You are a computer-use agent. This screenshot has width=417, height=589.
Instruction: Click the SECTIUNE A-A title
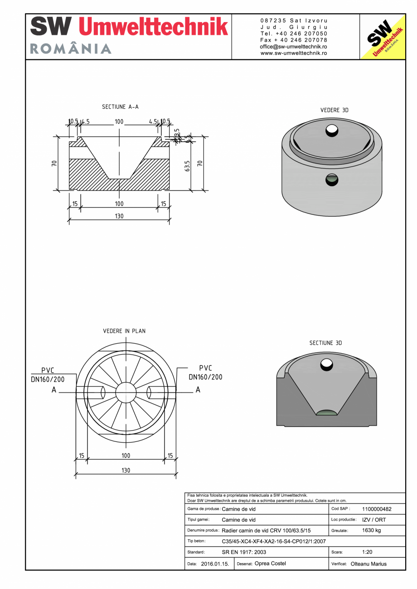(120, 107)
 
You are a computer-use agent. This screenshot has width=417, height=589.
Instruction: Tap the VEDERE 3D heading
(334, 110)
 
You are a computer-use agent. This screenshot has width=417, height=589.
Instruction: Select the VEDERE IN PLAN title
(124, 331)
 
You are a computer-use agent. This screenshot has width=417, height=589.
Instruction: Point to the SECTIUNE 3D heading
(325, 343)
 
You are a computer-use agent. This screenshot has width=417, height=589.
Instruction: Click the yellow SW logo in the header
(382, 37)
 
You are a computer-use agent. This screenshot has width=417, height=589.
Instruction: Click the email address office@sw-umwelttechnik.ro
(294, 47)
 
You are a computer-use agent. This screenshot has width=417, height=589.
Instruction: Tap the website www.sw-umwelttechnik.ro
(294, 53)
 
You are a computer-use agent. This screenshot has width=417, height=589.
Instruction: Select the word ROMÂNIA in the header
(71, 49)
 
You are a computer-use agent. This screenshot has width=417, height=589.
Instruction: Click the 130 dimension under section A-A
(119, 216)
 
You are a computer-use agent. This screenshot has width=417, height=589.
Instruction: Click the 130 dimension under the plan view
(126, 470)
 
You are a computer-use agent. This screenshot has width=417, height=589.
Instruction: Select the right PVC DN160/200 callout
(205, 373)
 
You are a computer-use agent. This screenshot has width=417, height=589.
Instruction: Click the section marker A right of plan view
(198, 390)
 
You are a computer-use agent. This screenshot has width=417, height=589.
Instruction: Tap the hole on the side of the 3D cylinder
(332, 180)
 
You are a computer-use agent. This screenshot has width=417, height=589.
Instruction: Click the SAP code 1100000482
(377, 509)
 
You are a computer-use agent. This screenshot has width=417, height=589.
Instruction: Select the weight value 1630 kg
(371, 530)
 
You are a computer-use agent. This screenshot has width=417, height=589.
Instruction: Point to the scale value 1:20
(368, 552)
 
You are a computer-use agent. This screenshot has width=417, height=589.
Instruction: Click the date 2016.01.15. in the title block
(215, 564)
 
